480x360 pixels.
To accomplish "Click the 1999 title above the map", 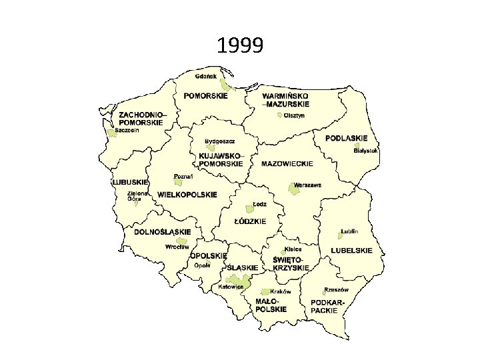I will click(240, 46).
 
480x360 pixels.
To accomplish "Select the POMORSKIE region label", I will click(205, 95).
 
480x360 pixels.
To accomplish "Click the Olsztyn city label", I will click(294, 115).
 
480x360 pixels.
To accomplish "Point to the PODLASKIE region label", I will click(346, 138).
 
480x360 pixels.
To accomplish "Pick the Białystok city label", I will click(366, 151).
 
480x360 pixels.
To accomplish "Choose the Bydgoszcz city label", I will click(220, 141).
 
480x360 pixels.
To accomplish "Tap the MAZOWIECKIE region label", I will click(287, 163).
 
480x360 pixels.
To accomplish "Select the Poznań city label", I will click(183, 177).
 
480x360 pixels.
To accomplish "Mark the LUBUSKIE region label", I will click(129, 182).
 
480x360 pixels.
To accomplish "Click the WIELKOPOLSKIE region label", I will click(187, 195).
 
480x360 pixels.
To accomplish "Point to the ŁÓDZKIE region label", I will click(250, 221).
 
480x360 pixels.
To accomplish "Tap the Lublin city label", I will click(349, 231).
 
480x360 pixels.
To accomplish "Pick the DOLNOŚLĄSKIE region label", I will click(162, 232).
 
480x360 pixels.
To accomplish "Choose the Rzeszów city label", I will click(336, 290).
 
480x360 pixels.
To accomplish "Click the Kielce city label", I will click(293, 249).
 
